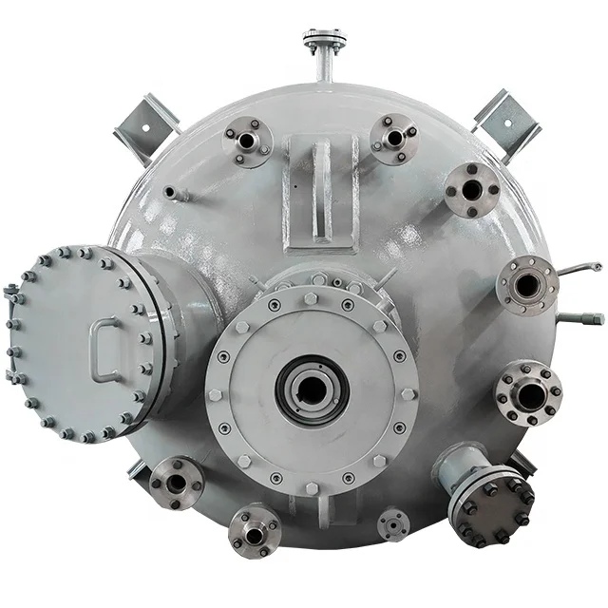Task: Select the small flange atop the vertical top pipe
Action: pyautogui.click(x=324, y=41)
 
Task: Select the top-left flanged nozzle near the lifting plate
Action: pyautogui.click(x=248, y=141)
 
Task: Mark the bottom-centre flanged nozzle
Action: pyautogui.click(x=255, y=533)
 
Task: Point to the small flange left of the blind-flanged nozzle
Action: pyautogui.click(x=393, y=524)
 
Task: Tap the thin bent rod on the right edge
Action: pyautogui.click(x=580, y=270)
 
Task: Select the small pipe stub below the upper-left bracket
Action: pyautogui.click(x=173, y=193)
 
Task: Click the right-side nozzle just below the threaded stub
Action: pyautogui.click(x=527, y=392)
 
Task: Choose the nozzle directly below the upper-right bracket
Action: pyautogui.click(x=472, y=190)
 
